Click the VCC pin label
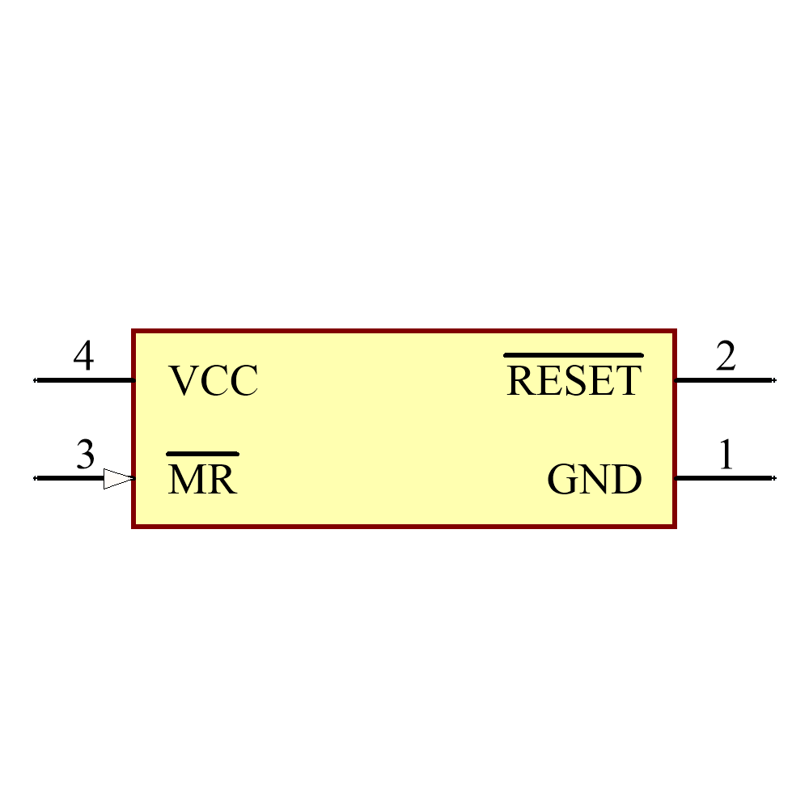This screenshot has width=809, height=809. click(x=213, y=381)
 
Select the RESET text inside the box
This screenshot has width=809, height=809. click(x=574, y=381)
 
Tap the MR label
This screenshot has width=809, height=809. click(x=202, y=479)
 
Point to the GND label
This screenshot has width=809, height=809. click(x=595, y=479)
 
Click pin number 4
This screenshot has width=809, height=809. click(x=83, y=355)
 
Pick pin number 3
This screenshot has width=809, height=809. click(x=86, y=455)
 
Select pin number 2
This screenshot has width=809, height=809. click(x=726, y=355)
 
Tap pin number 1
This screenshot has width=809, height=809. click(x=726, y=454)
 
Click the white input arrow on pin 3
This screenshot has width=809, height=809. click(x=119, y=479)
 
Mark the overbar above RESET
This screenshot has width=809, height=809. click(x=574, y=355)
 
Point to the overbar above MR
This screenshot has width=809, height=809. click(x=203, y=454)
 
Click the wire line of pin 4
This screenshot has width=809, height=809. click(x=85, y=380)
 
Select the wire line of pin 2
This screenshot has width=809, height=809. click(x=725, y=380)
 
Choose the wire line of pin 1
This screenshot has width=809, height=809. click(x=725, y=478)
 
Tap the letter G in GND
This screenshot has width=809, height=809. click(x=561, y=479)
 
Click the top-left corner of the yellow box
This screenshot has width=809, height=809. click(x=133, y=331)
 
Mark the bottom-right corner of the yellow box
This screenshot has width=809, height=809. click(x=675, y=527)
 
